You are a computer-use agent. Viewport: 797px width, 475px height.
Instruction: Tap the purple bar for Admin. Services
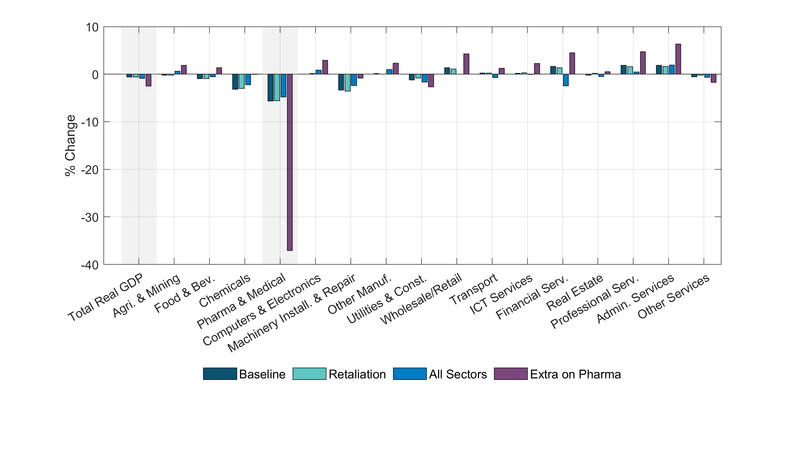pyautogui.click(x=678, y=59)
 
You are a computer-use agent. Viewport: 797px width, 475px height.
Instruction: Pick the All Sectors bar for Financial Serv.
pyautogui.click(x=566, y=80)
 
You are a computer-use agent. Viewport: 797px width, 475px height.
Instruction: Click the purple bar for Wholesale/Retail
pyautogui.click(x=466, y=64)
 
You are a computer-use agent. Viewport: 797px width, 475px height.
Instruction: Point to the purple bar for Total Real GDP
pyautogui.click(x=148, y=80)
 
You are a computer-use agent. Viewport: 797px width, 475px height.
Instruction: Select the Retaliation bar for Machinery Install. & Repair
pyautogui.click(x=347, y=82)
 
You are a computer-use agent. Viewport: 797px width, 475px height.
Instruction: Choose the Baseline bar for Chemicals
pyautogui.click(x=235, y=82)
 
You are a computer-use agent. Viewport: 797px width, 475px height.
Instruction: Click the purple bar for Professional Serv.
pyautogui.click(x=643, y=63)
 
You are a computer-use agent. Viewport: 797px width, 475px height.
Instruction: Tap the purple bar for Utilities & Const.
pyautogui.click(x=431, y=80)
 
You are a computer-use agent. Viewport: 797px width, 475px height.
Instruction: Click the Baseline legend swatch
pyautogui.click(x=220, y=374)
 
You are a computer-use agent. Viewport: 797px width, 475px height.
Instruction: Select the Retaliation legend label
pyautogui.click(x=357, y=374)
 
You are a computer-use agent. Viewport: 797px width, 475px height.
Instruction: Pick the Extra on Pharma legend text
pyautogui.click(x=575, y=374)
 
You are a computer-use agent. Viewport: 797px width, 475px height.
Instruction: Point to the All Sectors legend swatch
pyautogui.click(x=410, y=374)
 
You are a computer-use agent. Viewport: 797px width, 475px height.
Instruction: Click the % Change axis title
pyautogui.click(x=70, y=146)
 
